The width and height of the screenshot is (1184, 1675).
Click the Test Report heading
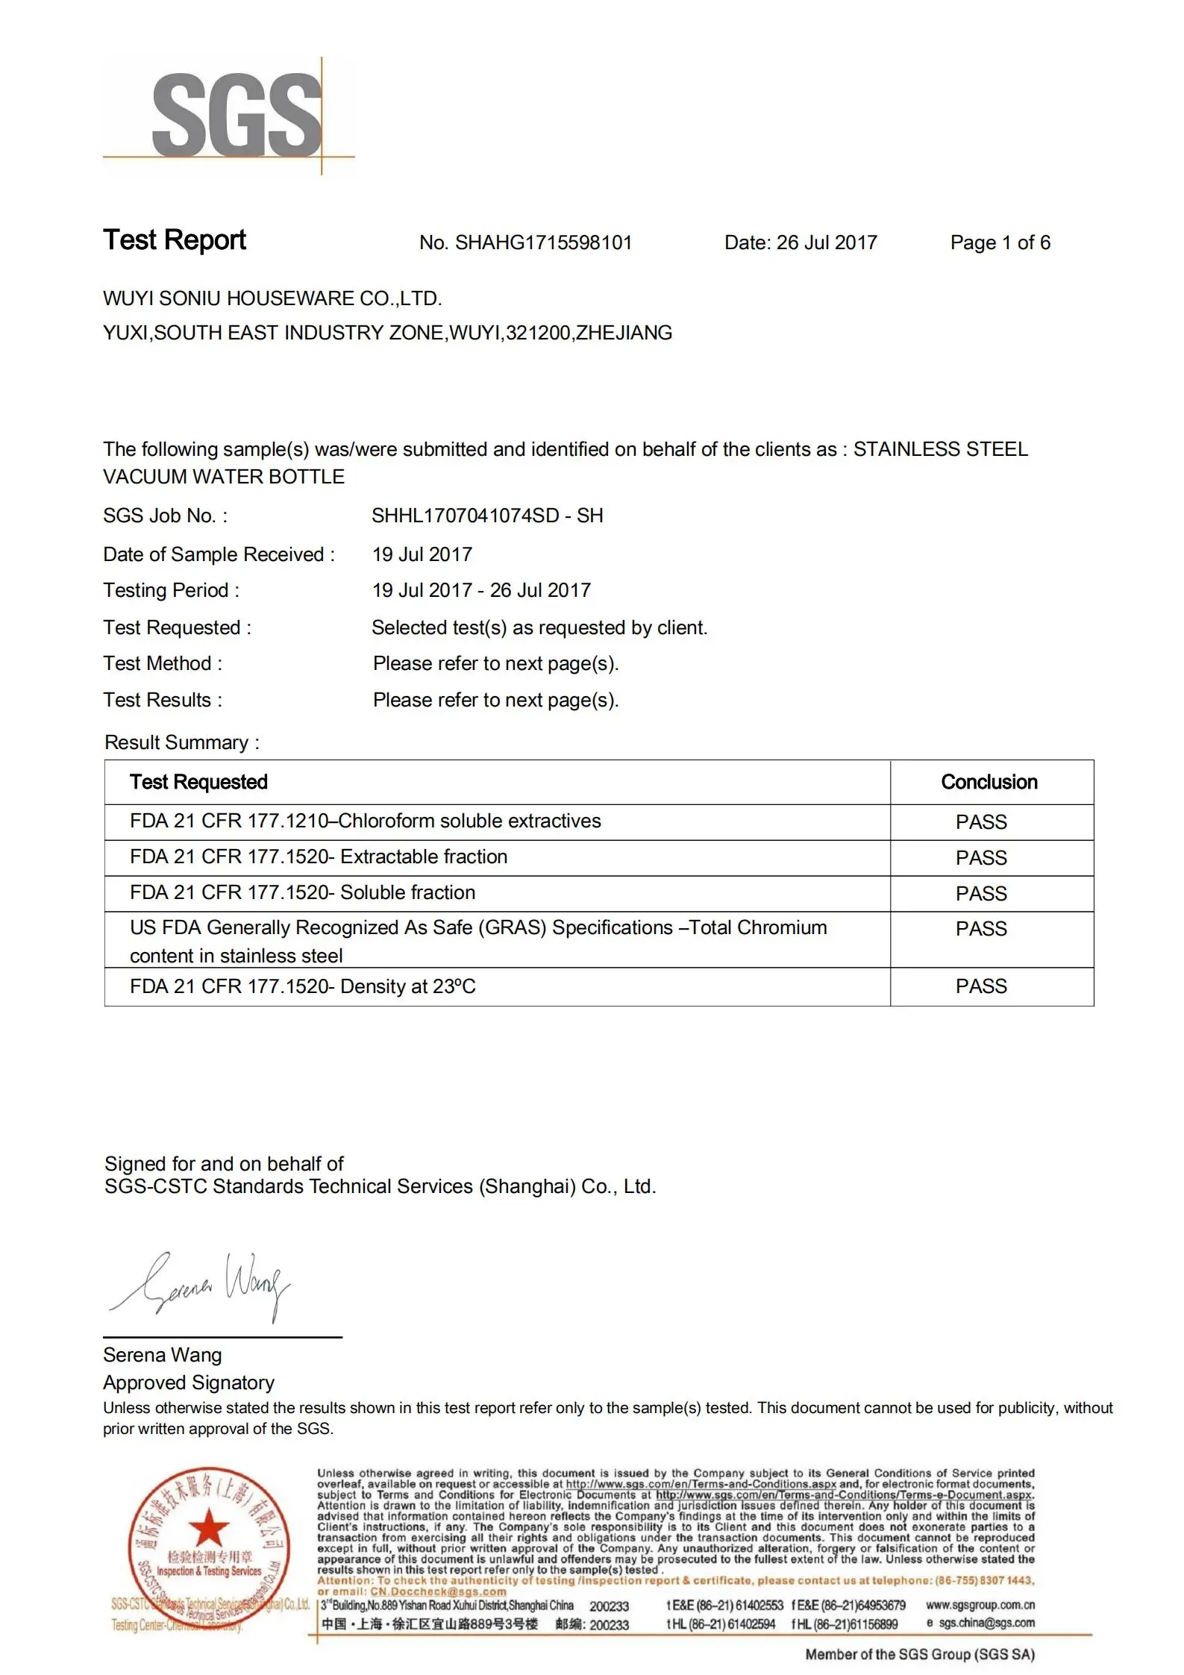(175, 240)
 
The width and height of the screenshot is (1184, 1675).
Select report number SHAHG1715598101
(543, 243)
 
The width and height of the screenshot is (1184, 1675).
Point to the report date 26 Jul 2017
(827, 243)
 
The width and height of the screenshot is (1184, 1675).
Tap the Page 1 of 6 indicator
(1000, 243)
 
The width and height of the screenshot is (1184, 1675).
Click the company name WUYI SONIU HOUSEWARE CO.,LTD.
(272, 299)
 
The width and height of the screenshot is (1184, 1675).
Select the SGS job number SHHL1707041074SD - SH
(487, 516)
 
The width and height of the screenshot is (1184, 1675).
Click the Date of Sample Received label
(219, 555)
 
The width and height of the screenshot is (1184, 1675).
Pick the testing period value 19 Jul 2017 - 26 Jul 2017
(481, 591)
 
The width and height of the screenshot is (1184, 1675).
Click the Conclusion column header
(989, 782)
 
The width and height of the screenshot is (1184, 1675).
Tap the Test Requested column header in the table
(198, 782)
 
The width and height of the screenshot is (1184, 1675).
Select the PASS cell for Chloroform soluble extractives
(981, 822)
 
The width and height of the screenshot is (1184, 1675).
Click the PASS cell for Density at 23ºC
(981, 986)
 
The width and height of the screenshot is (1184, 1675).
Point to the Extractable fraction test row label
(319, 857)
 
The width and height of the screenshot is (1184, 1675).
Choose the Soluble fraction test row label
(302, 893)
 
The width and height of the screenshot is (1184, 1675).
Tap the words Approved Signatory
(189, 1383)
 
